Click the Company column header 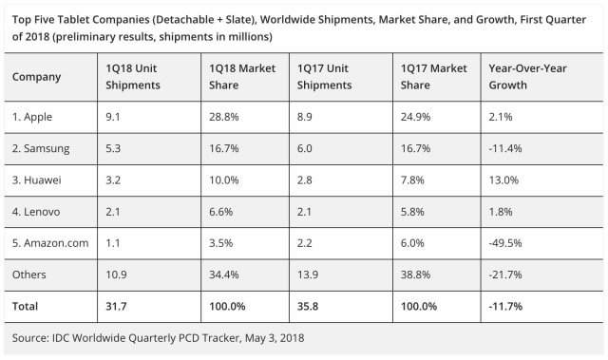coord(37,76)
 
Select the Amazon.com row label coord(51,243)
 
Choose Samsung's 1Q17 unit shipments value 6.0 coord(307,150)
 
